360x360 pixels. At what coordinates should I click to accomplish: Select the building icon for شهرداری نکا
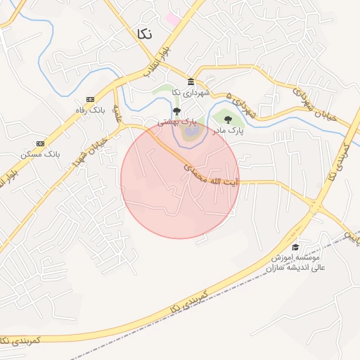click(x=191, y=82)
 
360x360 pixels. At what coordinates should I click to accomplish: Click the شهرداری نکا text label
click(x=191, y=93)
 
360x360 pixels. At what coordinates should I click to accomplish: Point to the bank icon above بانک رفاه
click(x=90, y=99)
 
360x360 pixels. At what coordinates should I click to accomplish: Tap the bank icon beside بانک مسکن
click(x=39, y=143)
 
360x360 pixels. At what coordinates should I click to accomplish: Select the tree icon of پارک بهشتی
click(x=176, y=111)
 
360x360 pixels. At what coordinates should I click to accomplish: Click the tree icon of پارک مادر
click(x=227, y=120)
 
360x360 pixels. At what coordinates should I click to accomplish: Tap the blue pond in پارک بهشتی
click(x=190, y=132)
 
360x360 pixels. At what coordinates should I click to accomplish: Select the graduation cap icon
click(x=295, y=247)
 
